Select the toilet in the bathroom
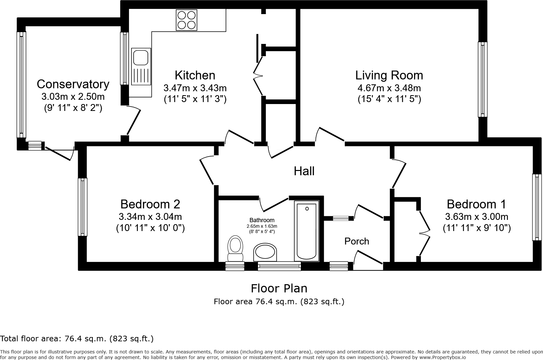[x=235, y=248]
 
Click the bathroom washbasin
[x=265, y=253]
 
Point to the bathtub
[x=307, y=231]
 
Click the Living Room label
[x=389, y=75]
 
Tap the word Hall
[x=304, y=171]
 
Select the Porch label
[x=357, y=241]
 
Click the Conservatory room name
[x=73, y=84]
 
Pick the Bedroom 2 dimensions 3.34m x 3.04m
[x=150, y=217]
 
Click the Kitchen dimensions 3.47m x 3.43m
[x=195, y=88]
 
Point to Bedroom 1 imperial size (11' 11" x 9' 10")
[x=476, y=228]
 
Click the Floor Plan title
[x=279, y=288]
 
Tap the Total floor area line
[x=77, y=338]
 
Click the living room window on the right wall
[x=482, y=79]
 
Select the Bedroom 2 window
[x=82, y=207]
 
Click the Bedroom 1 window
[x=536, y=207]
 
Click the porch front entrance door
[x=368, y=260]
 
